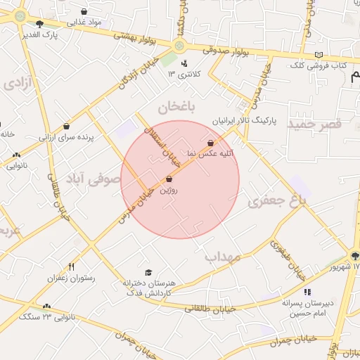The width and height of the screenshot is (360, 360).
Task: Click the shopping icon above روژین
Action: (x=169, y=179)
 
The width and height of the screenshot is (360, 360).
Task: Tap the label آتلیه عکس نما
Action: (x=210, y=153)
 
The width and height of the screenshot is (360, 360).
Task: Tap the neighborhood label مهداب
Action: (x=223, y=257)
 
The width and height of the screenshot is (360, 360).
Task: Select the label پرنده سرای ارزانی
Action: (x=66, y=137)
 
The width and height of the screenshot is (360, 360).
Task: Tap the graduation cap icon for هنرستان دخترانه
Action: (x=148, y=272)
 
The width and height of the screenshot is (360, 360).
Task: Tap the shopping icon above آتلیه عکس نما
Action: (x=210, y=143)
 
